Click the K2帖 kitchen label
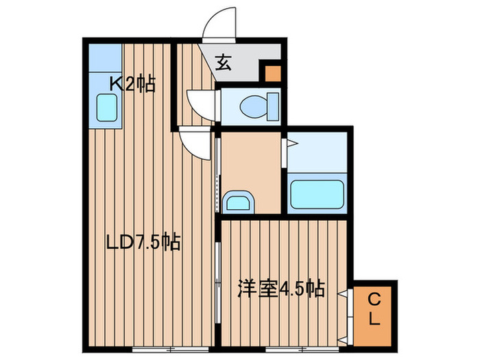click(x=133, y=84)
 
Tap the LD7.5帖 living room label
click(x=143, y=242)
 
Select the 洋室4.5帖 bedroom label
click(x=281, y=289)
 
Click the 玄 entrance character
click(x=224, y=62)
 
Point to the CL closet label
click(x=374, y=309)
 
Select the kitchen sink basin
click(x=107, y=108)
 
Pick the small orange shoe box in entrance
click(x=272, y=73)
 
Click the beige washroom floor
click(x=251, y=165)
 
